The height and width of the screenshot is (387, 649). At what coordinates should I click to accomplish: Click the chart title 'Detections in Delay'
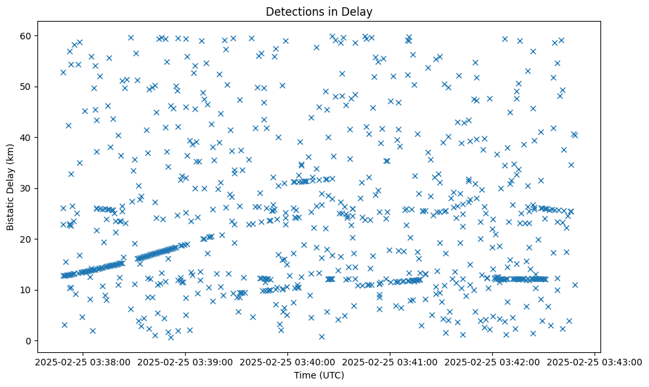point(319,11)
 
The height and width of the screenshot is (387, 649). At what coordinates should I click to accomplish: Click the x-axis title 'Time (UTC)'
point(319,376)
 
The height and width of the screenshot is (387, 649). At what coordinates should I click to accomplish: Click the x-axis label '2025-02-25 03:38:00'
point(82,361)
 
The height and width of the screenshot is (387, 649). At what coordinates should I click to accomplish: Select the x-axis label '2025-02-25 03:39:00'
point(185,361)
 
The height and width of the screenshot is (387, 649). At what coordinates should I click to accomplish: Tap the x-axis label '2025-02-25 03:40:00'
point(287,361)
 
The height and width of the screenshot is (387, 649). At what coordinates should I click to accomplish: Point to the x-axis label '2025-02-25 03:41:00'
point(390,361)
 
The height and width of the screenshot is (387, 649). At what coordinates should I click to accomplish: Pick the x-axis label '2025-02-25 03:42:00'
point(493,361)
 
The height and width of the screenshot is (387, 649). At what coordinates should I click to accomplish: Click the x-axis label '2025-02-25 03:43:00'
point(595,361)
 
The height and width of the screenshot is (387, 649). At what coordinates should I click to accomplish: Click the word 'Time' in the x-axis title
point(305,376)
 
